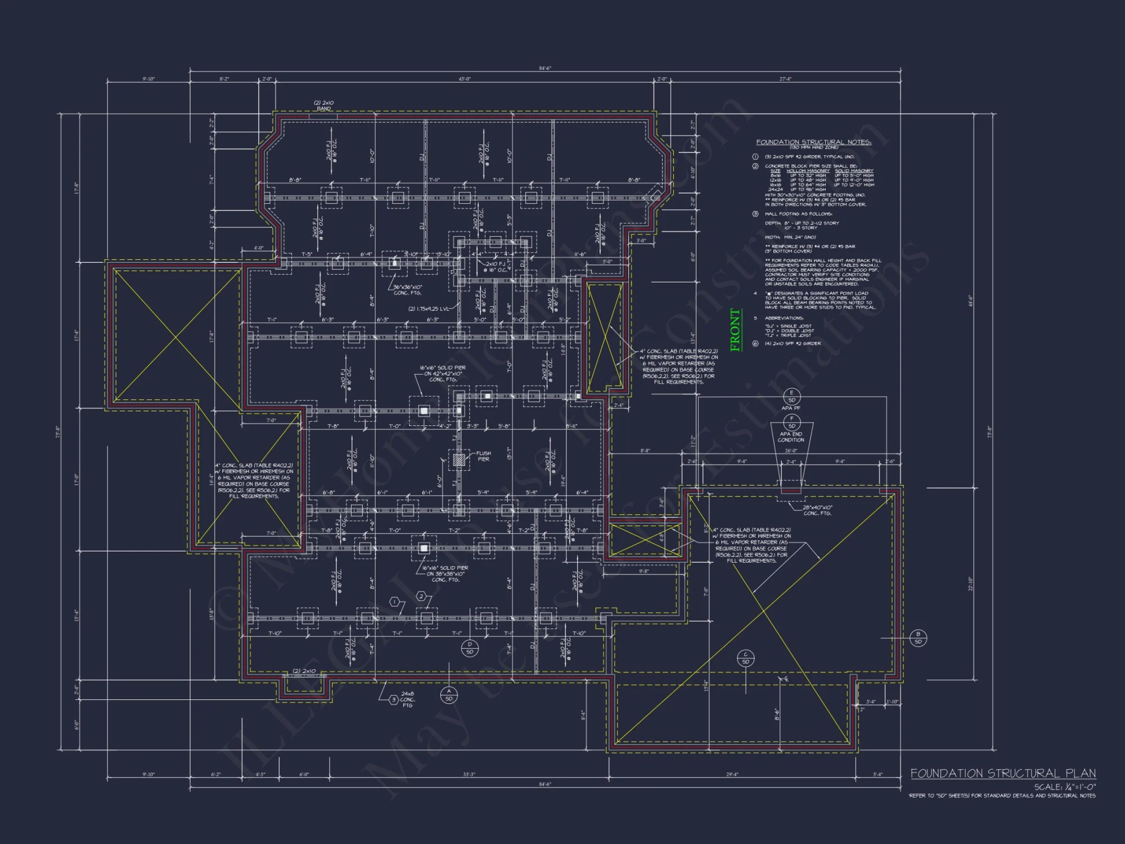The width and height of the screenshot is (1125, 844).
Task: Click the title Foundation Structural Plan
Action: click(x=1003, y=773)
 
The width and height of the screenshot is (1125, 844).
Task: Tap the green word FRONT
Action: click(x=735, y=330)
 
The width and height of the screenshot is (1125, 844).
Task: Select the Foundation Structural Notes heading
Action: click(x=813, y=142)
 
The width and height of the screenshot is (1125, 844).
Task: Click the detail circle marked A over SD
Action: click(x=449, y=695)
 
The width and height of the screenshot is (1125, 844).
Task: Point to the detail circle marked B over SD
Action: click(x=918, y=638)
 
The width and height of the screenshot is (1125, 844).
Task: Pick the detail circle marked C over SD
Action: click(x=745, y=658)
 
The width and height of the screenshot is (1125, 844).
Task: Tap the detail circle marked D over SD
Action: click(x=470, y=648)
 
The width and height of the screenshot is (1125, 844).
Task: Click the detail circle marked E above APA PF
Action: click(x=791, y=396)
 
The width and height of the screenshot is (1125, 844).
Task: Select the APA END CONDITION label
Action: click(x=791, y=437)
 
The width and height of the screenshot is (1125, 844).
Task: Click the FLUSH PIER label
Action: click(x=483, y=456)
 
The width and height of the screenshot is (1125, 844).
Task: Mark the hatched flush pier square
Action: click(x=459, y=459)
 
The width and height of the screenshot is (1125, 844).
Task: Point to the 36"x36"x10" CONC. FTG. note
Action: click(x=407, y=290)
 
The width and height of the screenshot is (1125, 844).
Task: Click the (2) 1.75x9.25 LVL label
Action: click(x=429, y=308)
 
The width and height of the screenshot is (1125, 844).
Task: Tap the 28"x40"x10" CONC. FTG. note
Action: click(x=817, y=510)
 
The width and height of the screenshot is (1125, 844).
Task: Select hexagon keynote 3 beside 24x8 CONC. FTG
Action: click(x=394, y=699)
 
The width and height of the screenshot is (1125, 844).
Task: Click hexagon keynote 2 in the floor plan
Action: click(x=421, y=596)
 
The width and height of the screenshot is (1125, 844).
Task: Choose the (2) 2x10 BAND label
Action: click(x=323, y=105)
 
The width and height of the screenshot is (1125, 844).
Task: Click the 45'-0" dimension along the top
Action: click(x=464, y=79)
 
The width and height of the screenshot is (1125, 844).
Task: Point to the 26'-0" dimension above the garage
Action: click(x=791, y=451)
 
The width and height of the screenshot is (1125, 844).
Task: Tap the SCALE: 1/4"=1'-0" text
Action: click(x=1065, y=787)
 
